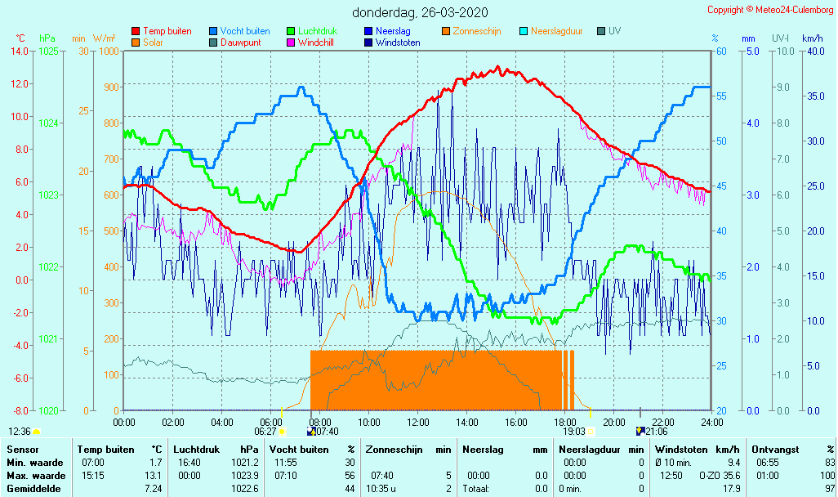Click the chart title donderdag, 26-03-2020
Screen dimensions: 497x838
point(419,13)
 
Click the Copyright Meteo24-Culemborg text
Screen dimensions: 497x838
point(770,10)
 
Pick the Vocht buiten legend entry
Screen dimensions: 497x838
point(244,31)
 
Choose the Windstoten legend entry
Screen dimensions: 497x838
point(398,43)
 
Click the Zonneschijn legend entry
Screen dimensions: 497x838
point(476,31)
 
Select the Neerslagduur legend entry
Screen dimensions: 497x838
point(556,31)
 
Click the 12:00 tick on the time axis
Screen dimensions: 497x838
point(418,422)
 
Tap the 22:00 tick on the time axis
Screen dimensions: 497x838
point(662,422)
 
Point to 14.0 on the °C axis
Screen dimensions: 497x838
point(20,51)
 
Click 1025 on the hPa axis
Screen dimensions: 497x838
point(48,51)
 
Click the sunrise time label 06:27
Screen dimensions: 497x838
point(265,431)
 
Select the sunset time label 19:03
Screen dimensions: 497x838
point(574,431)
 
